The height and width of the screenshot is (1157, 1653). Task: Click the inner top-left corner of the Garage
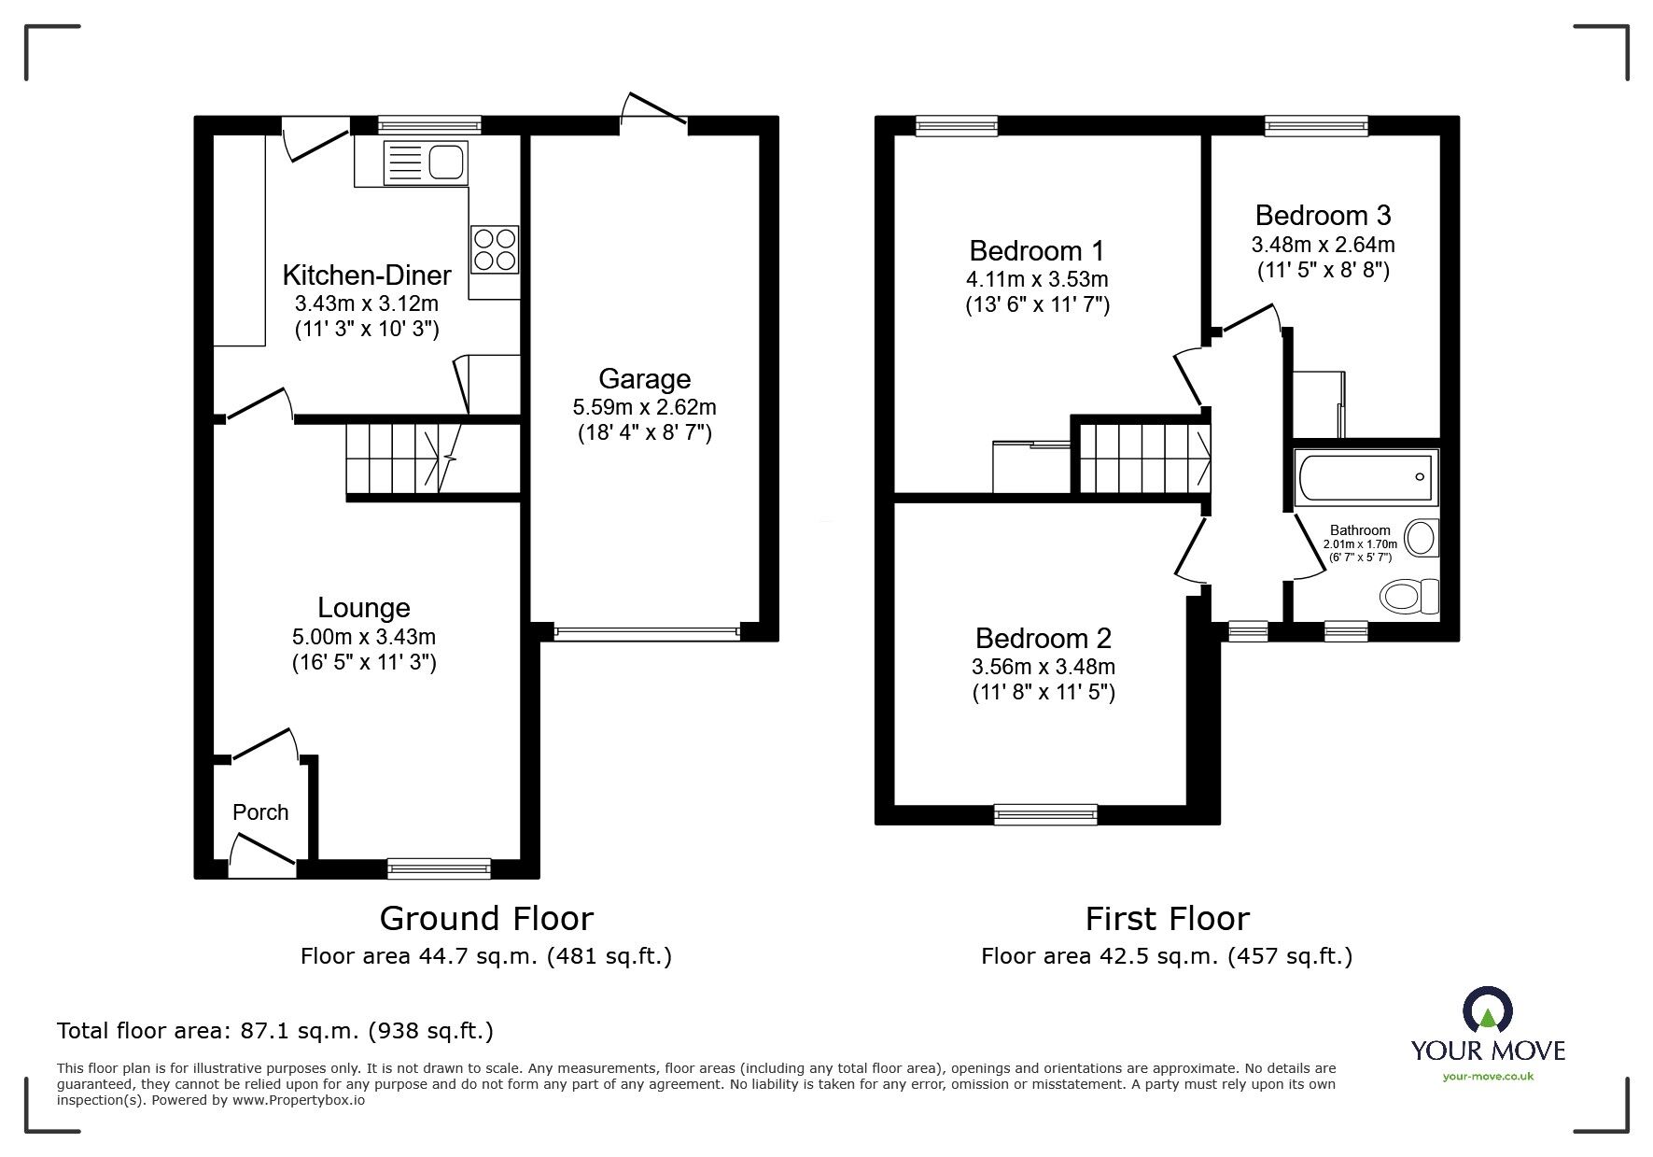pyautogui.click(x=532, y=136)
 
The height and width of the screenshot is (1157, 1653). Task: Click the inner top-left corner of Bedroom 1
pyautogui.click(x=895, y=136)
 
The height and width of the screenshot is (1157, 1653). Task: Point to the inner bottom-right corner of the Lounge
pyautogui.click(x=519, y=858)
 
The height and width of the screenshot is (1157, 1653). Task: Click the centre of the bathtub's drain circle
pyautogui.click(x=1420, y=477)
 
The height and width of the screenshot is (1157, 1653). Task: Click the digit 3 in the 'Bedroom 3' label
pyautogui.click(x=1382, y=216)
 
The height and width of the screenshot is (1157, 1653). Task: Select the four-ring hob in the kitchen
pyautogui.click(x=495, y=249)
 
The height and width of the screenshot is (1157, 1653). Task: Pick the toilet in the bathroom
pyautogui.click(x=1409, y=596)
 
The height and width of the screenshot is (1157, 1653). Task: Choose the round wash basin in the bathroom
pyautogui.click(x=1422, y=539)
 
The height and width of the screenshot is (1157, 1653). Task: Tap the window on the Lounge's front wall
pyautogui.click(x=440, y=868)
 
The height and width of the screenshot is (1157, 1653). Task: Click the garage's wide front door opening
pyautogui.click(x=647, y=632)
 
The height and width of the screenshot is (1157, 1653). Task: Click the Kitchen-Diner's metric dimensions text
pyautogui.click(x=367, y=303)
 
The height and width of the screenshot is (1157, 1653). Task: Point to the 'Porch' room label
pyautogui.click(x=260, y=812)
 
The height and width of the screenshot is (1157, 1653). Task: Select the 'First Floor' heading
pyautogui.click(x=1167, y=920)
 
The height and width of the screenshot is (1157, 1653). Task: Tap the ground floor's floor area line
pyautogui.click(x=486, y=956)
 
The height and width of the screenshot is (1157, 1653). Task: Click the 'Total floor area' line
pyautogui.click(x=275, y=1031)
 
